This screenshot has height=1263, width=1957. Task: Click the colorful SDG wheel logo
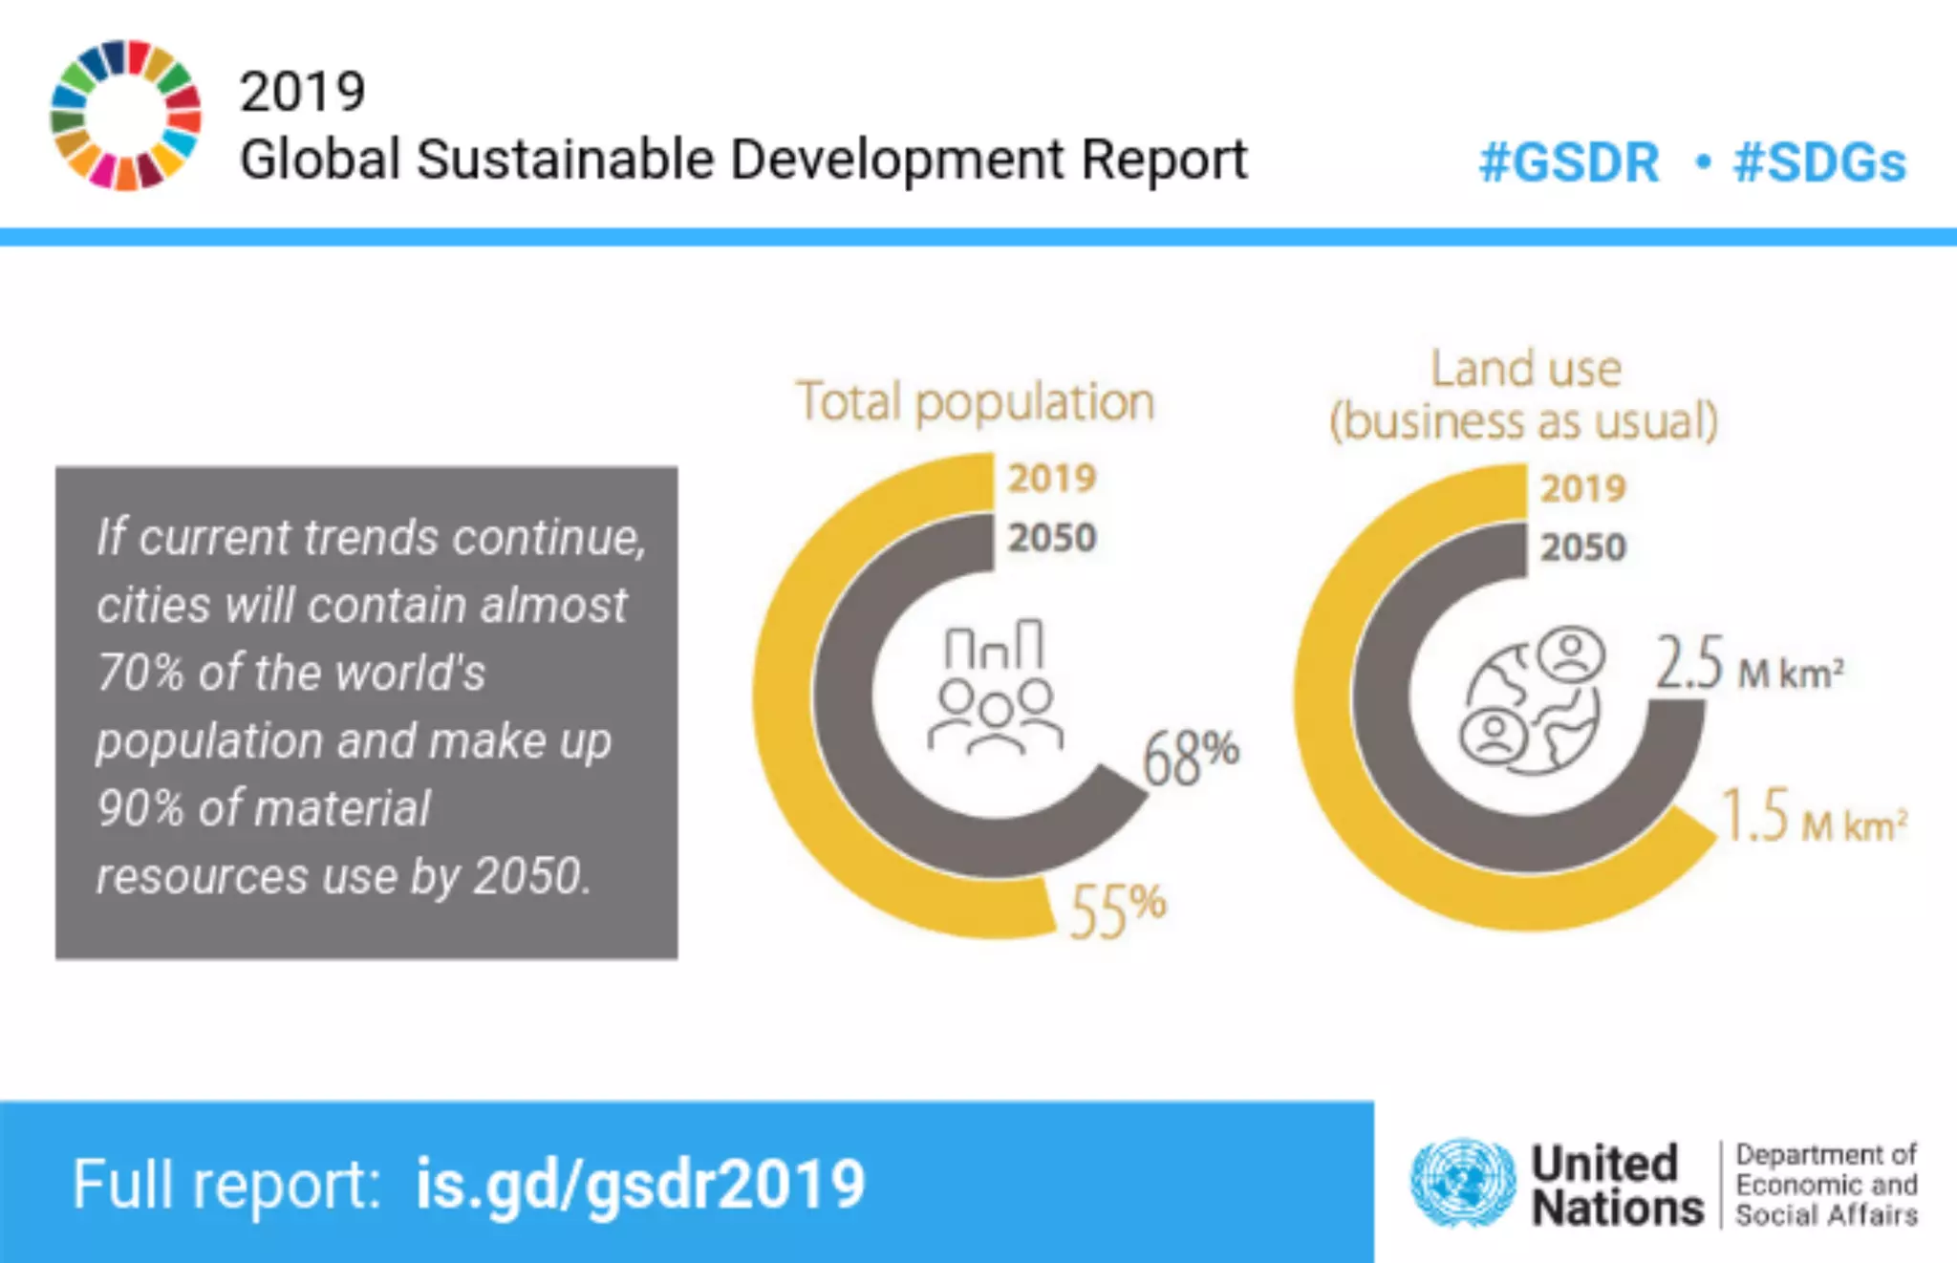click(125, 116)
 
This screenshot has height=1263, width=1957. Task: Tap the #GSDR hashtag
click(1568, 162)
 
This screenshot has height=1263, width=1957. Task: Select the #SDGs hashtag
click(1819, 162)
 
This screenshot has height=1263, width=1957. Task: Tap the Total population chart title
click(976, 402)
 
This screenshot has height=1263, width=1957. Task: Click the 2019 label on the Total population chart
click(1051, 478)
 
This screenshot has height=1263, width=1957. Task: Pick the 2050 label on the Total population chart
click(1051, 538)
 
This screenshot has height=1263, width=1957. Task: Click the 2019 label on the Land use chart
click(1582, 488)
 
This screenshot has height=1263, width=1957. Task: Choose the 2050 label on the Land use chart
click(1582, 547)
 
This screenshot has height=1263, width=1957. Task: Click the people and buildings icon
click(995, 687)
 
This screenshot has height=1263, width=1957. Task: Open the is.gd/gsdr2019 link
click(639, 1185)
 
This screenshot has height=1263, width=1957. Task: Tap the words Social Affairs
click(1826, 1215)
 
